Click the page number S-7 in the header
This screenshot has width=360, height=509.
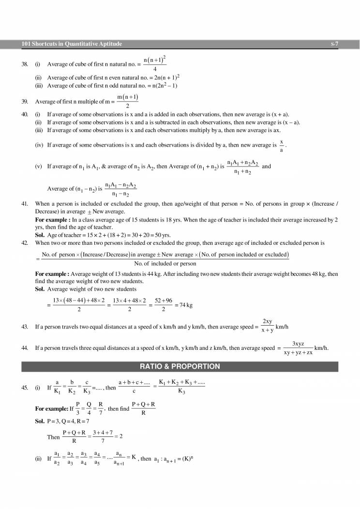[334, 44]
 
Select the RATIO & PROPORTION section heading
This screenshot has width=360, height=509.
[180, 366]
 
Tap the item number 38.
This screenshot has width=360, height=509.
[25, 64]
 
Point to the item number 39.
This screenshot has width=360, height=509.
[25, 102]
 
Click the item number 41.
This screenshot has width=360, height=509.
[25, 204]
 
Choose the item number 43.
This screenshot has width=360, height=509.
[25, 327]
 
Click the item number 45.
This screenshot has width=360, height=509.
[25, 388]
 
